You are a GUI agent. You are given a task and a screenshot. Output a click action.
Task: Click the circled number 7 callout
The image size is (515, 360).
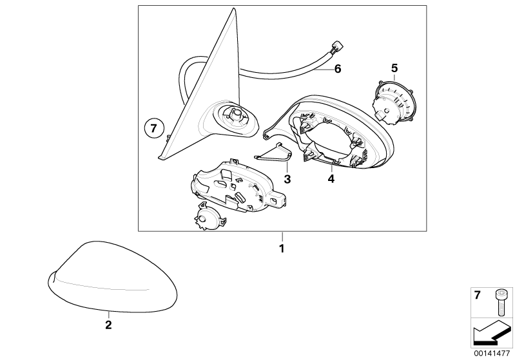point(153,128)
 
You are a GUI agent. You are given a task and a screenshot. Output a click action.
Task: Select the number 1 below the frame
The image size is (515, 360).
point(282,249)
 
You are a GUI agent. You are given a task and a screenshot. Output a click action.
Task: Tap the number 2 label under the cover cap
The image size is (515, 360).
point(108,325)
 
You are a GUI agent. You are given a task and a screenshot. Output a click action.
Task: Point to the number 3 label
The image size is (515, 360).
point(287,179)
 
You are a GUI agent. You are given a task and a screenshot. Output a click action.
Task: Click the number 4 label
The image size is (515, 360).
point(331,179)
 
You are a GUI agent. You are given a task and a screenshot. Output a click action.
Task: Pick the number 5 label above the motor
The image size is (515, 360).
point(394,68)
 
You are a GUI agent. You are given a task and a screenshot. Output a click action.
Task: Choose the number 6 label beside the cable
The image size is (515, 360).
point(338,69)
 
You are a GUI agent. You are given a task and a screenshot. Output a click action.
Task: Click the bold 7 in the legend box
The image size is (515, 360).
point(477,296)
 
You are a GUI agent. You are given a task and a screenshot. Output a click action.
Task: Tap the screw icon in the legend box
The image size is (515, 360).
point(500,302)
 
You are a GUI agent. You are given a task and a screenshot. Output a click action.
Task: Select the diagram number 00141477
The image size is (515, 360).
point(492,354)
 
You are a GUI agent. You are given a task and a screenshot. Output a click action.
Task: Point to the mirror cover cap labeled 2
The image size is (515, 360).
point(112,278)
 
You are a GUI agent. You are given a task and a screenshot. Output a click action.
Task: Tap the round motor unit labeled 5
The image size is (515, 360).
point(393,102)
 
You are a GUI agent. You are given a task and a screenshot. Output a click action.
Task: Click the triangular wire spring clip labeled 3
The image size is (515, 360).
point(273,154)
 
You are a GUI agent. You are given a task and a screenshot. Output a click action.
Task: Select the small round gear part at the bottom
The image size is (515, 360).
point(209,218)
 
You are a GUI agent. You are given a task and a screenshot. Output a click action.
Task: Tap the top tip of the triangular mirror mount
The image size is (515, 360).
point(233,8)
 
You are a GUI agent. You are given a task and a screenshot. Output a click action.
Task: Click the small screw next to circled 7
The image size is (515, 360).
point(168,138)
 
